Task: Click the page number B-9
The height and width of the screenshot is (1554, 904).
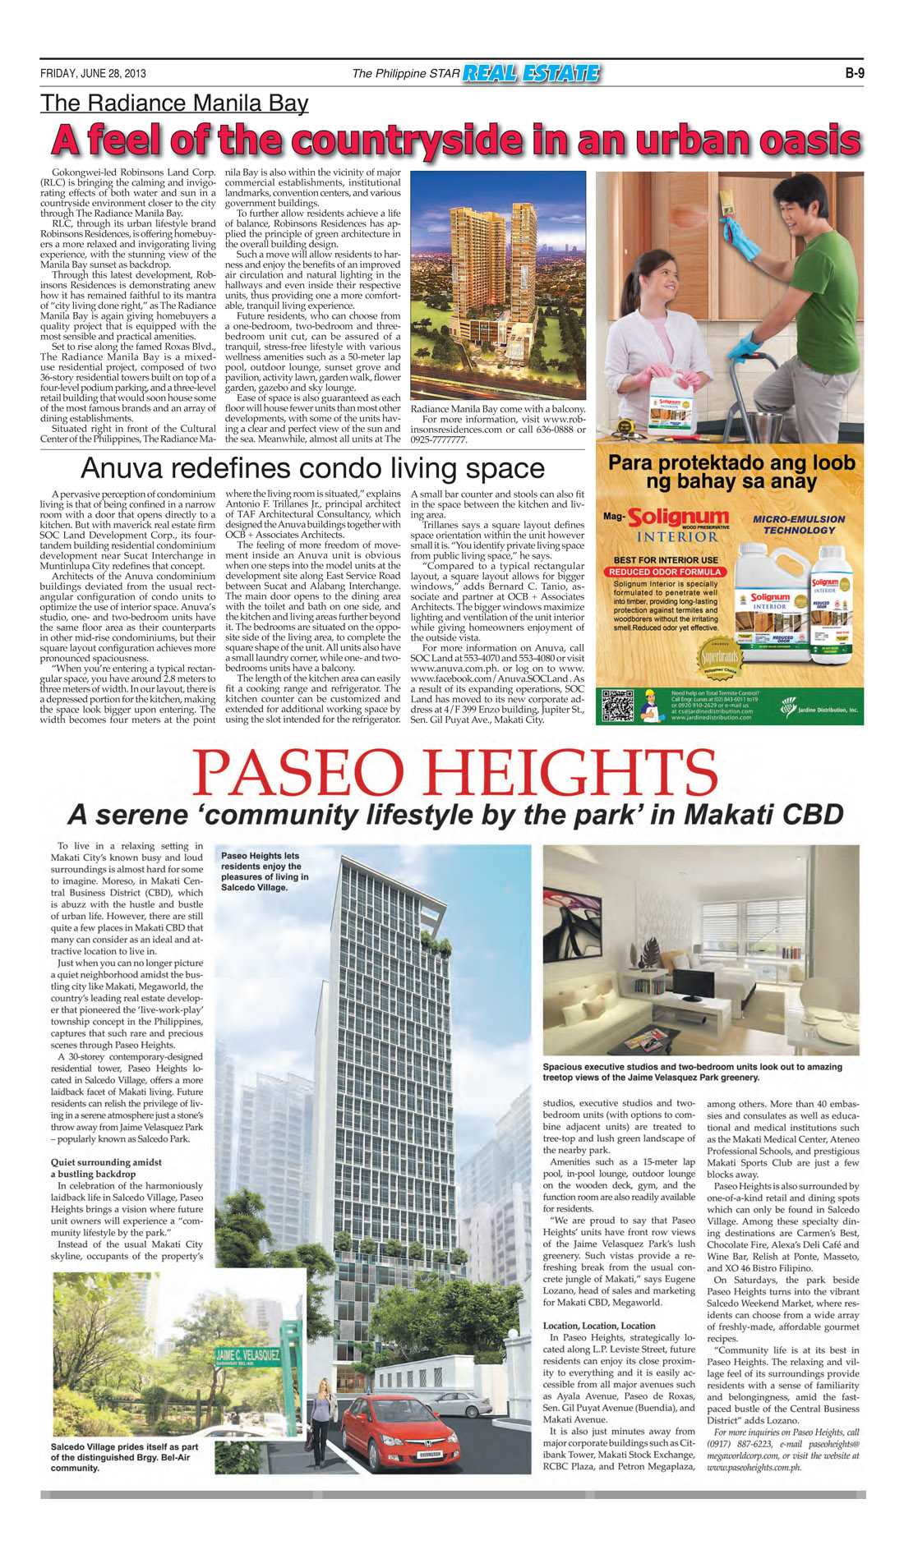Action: tap(854, 73)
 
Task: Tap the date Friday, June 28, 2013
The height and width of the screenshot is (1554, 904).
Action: tap(93, 73)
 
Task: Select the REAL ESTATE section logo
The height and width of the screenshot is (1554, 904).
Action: tap(531, 74)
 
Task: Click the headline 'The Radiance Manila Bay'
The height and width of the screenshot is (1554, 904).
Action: tap(174, 103)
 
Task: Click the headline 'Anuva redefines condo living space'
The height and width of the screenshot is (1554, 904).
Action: tap(312, 468)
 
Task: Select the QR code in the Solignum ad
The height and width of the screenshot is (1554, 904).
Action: tap(617, 706)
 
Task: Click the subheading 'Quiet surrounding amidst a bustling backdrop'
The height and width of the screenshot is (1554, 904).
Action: tap(107, 1168)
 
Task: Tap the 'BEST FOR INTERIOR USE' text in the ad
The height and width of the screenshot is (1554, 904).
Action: tap(666, 560)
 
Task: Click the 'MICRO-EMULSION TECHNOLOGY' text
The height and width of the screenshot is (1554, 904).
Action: tap(798, 525)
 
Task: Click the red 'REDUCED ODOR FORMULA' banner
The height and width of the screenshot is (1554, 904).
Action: tap(666, 572)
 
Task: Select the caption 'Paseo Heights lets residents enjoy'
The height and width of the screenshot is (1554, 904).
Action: tap(265, 871)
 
